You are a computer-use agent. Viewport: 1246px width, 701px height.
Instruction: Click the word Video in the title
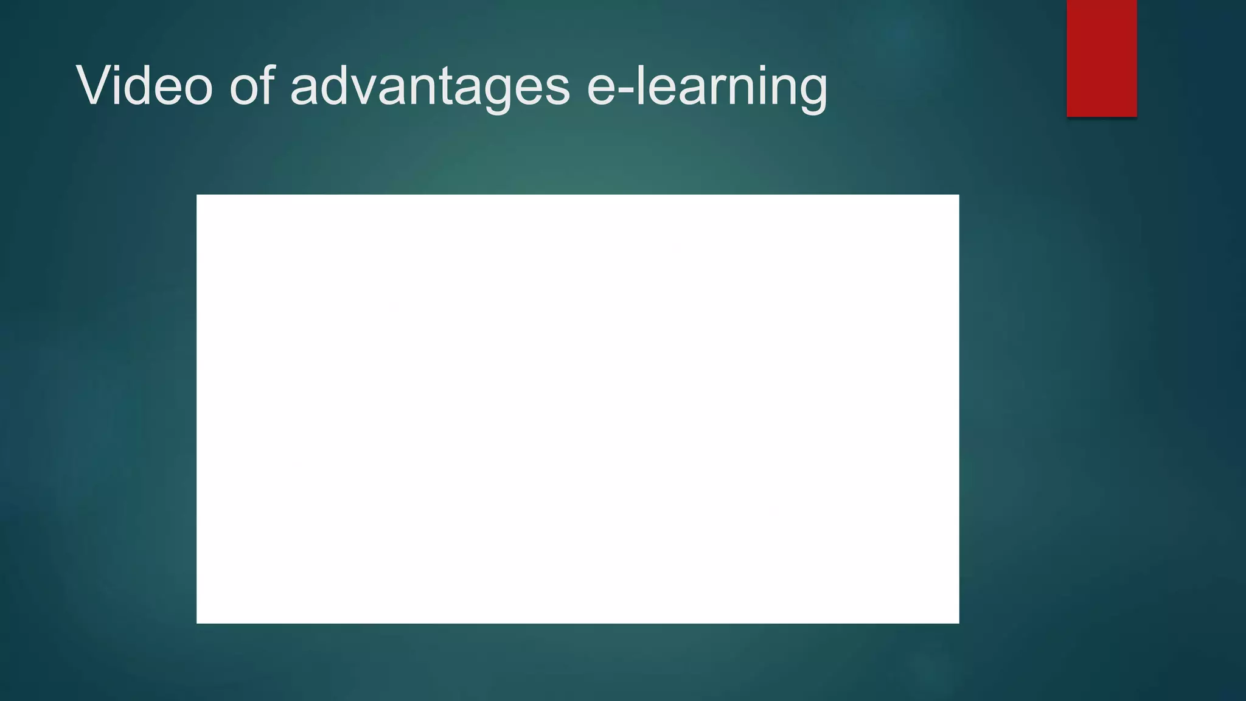(145, 86)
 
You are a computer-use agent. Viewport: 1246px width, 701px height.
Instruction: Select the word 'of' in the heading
(251, 86)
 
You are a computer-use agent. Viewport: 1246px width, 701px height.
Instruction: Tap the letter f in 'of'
(266, 85)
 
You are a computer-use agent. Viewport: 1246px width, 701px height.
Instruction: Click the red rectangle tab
(1101, 58)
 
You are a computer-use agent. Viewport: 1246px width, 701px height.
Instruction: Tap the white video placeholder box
(577, 409)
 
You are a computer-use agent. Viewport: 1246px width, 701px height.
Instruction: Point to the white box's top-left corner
(197, 195)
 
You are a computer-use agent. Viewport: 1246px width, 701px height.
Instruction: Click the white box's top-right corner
(958, 195)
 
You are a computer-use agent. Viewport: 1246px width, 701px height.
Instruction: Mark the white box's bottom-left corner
(197, 623)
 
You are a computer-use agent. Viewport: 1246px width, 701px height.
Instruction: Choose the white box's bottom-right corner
(958, 623)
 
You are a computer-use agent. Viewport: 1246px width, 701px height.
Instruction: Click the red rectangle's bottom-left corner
(1068, 116)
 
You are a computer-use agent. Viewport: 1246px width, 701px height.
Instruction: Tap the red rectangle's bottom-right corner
(1136, 116)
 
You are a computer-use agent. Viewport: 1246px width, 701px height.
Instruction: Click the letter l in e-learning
(639, 85)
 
